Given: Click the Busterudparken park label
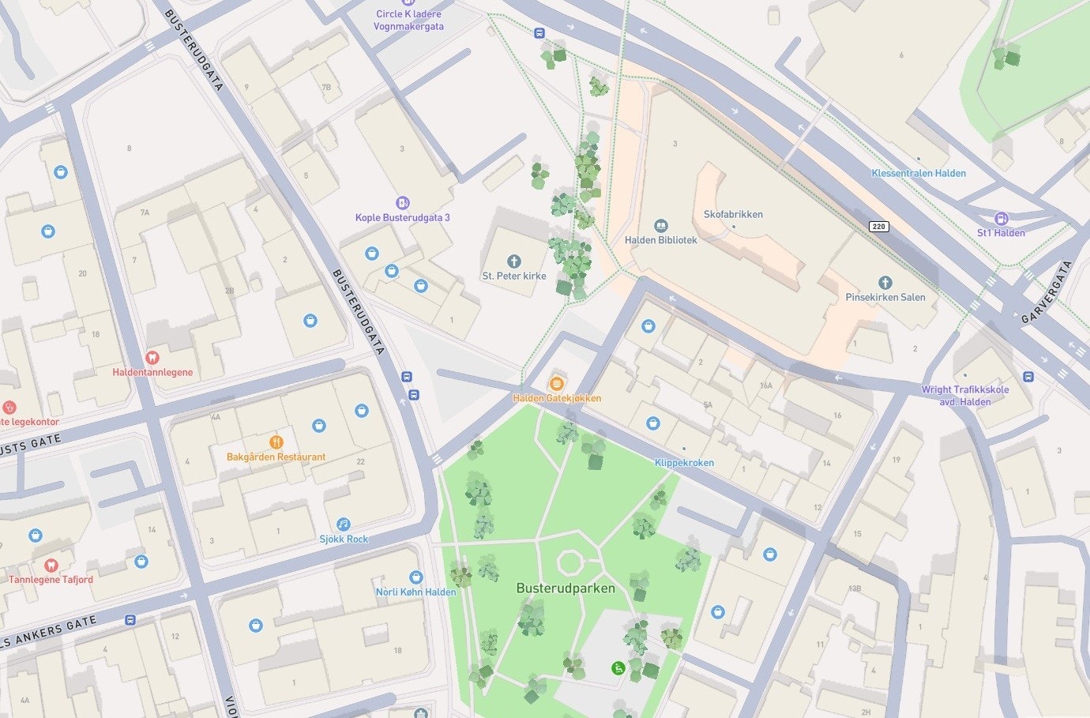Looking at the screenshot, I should point(565,588).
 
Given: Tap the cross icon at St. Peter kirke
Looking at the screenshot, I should point(514,261).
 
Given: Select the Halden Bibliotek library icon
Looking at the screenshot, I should point(661,227).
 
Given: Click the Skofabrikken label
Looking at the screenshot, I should point(733,214).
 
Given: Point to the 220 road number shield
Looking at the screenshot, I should point(879,227).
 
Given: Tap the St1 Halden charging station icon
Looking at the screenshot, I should point(1001,219).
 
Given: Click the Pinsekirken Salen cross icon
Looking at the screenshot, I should point(885,283).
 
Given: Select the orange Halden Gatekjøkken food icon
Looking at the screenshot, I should point(557,383).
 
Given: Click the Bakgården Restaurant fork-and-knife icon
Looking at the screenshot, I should point(276,442).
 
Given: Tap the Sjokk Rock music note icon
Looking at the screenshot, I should point(344,524).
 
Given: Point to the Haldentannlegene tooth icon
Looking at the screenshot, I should point(152,358).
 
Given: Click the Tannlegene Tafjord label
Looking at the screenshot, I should point(51,579).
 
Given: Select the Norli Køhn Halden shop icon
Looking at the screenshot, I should point(415,577).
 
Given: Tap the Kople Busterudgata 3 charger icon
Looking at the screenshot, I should point(402,203).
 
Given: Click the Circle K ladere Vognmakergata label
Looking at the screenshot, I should point(408,20).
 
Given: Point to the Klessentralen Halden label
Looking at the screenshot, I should point(919,173).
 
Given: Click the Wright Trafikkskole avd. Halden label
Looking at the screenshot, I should point(964,395).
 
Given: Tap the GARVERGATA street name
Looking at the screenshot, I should point(1047,293).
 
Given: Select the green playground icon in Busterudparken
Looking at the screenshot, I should point(619,668).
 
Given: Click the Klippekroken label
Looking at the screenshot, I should point(684,463).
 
